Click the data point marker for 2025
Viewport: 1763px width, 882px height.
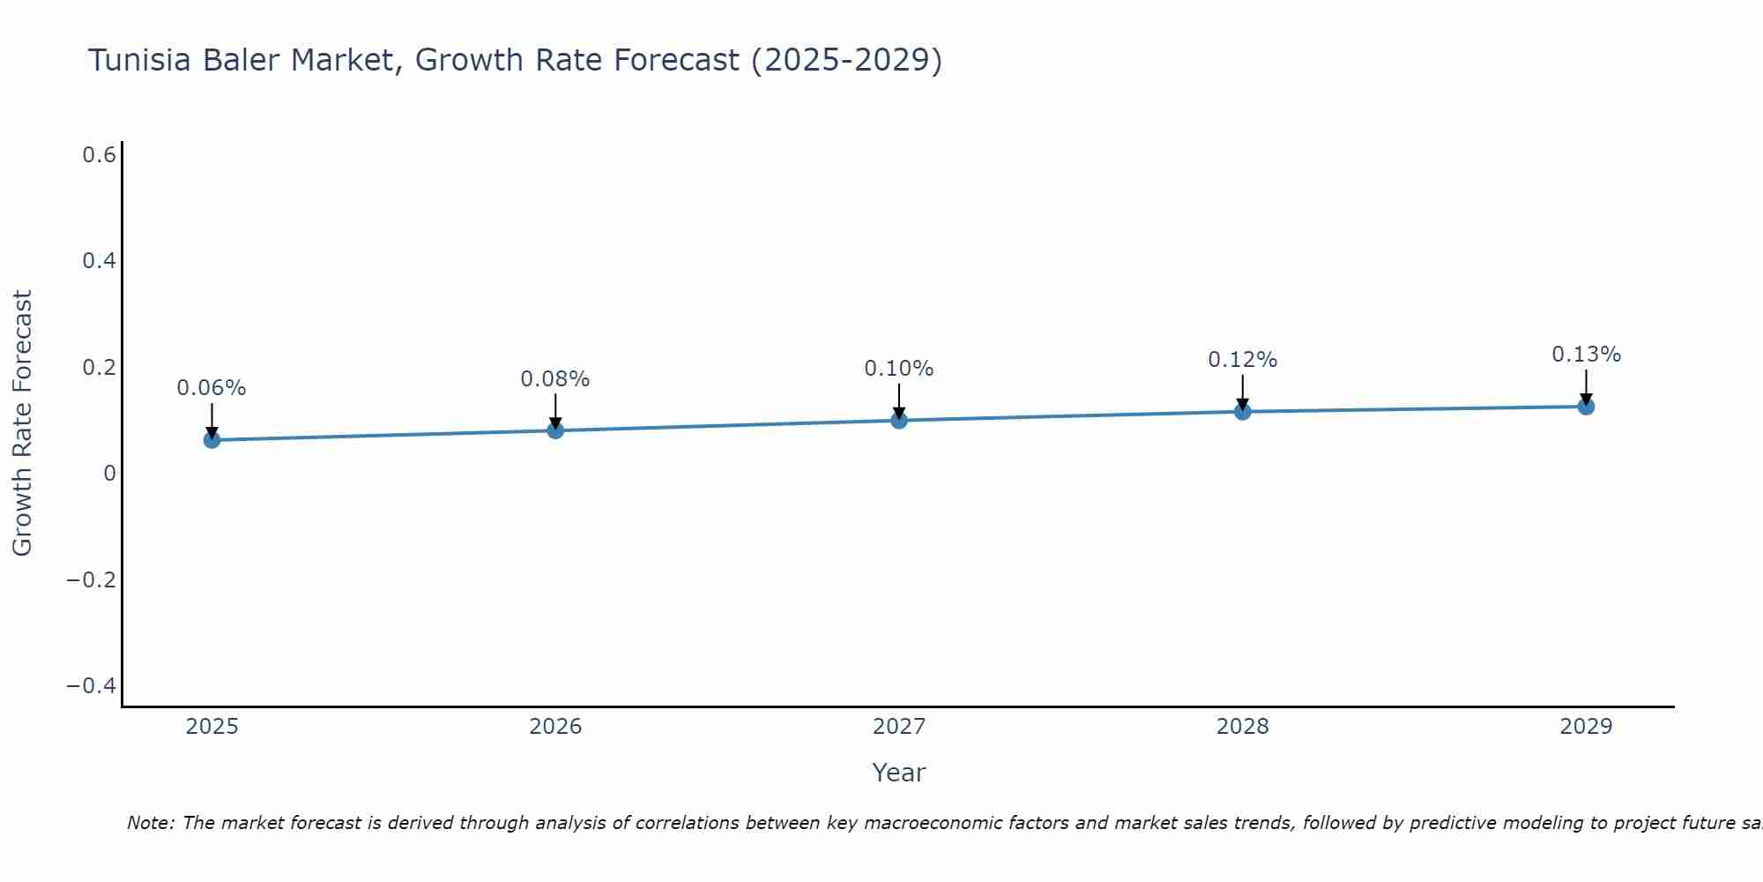tap(212, 439)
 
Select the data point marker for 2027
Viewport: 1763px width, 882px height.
tap(898, 420)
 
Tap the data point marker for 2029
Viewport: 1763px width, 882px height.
tap(1586, 407)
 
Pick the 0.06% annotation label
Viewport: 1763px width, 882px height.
tap(212, 388)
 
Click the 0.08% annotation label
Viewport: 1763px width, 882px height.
tap(554, 379)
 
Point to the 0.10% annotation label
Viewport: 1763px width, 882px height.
tap(898, 369)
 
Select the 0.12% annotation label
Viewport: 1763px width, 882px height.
tap(1242, 360)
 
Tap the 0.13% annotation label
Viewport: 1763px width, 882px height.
tap(1586, 355)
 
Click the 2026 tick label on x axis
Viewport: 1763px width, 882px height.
tap(555, 727)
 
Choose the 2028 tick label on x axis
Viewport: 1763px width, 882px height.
tap(1242, 727)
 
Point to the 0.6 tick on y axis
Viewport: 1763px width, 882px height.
tap(100, 155)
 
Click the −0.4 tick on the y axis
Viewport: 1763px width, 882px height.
tap(92, 686)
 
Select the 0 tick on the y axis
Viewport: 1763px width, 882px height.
tap(109, 474)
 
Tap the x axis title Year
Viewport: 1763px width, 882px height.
tap(898, 773)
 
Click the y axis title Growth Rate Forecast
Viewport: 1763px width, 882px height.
tap(22, 423)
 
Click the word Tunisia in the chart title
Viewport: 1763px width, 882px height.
tap(140, 60)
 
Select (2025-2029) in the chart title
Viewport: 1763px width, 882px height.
tap(846, 60)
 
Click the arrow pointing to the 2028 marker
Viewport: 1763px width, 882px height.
tap(1242, 392)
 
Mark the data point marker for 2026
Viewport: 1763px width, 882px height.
tap(555, 430)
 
